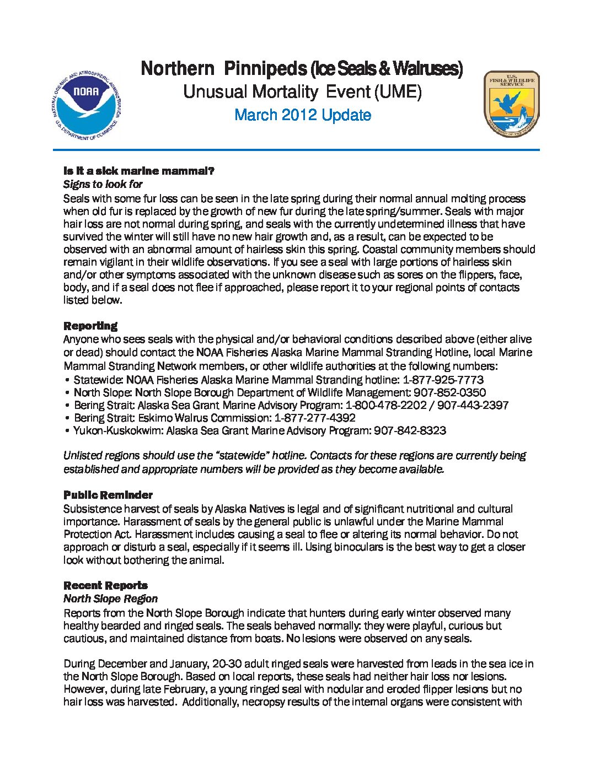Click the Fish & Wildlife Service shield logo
point(511,104)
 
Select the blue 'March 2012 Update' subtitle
point(302,115)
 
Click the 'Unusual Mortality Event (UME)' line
point(302,91)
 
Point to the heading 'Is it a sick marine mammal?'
point(138,171)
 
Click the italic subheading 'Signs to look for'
point(103,184)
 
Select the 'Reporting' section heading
point(90,326)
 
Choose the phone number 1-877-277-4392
point(315,418)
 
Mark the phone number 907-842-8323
point(410,430)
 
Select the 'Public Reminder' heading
point(108,495)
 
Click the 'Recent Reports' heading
point(105,585)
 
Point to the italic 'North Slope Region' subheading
point(110,599)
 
